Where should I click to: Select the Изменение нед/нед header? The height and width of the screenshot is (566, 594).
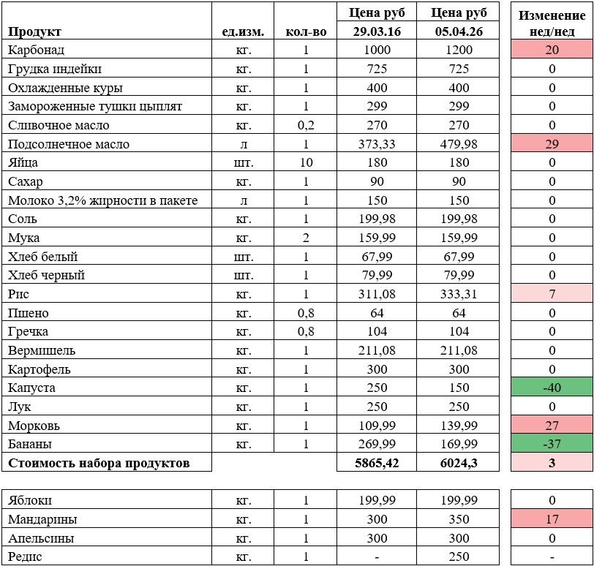coord(552,23)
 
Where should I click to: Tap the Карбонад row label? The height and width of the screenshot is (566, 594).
coord(37,50)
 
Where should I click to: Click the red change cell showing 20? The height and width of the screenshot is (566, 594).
coord(552,50)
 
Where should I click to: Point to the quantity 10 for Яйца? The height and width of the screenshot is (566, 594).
coord(305,162)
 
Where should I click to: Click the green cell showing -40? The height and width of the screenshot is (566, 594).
coord(552,388)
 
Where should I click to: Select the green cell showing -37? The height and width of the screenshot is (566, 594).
coord(552,444)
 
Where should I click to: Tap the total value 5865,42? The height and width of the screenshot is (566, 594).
coord(377,463)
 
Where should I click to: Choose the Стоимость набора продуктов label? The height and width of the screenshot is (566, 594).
coord(99,463)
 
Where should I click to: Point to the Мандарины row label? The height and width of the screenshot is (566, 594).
coord(42,520)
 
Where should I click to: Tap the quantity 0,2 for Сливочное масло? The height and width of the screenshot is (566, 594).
coord(305,125)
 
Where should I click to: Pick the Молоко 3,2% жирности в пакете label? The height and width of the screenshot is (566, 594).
coord(103,200)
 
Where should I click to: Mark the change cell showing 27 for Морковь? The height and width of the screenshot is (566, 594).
coord(552,426)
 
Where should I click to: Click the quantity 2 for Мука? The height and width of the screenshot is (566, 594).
coord(305,238)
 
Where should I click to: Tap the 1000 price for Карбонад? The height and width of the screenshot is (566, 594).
coord(377,50)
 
